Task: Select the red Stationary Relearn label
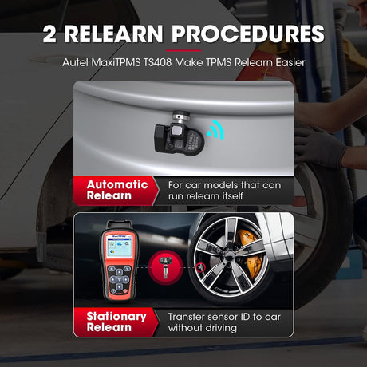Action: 117,322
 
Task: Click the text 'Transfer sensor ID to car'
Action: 225,315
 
